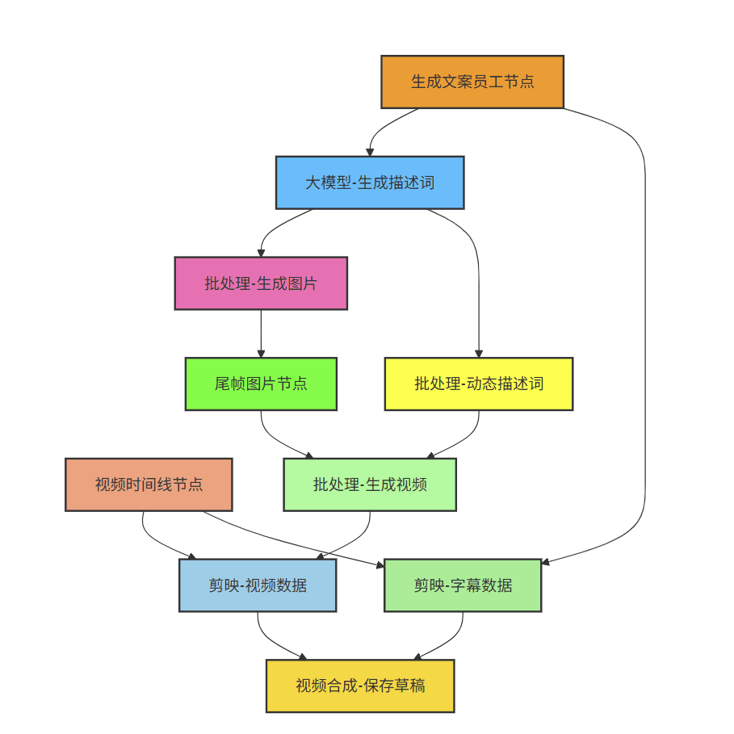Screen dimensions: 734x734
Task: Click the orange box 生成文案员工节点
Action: pyautogui.click(x=472, y=82)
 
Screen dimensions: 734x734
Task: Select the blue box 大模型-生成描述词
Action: pyautogui.click(x=370, y=182)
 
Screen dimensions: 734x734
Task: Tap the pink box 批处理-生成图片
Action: pyautogui.click(x=261, y=283)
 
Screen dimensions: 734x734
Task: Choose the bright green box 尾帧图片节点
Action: pyautogui.click(x=261, y=384)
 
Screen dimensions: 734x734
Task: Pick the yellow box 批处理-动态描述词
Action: pyautogui.click(x=478, y=384)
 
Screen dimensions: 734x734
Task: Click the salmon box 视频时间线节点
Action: pyautogui.click(x=149, y=484)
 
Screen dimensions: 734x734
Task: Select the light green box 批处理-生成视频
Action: pyautogui.click(x=370, y=484)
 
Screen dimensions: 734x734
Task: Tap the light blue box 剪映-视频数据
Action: pyautogui.click(x=258, y=585)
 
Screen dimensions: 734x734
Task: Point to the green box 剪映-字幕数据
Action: pyautogui.click(x=463, y=585)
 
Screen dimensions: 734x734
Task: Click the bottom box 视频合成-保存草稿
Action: pyautogui.click(x=360, y=686)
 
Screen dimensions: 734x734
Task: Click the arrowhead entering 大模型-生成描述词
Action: pyautogui.click(x=370, y=152)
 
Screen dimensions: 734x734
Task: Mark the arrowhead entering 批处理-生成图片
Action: pyautogui.click(x=261, y=253)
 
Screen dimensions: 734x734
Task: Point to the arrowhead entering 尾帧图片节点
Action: pyautogui.click(x=261, y=354)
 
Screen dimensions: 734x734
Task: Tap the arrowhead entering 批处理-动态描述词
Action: pyautogui.click(x=478, y=354)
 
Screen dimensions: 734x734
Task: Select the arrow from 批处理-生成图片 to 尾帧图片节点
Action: pyautogui.click(x=261, y=333)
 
